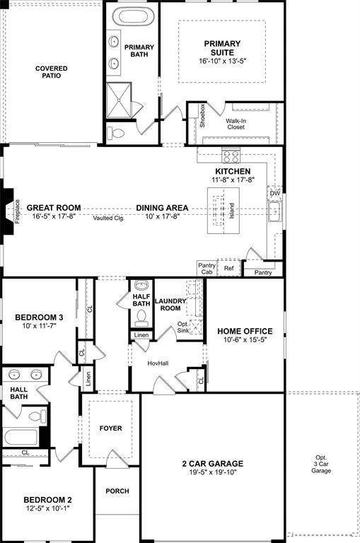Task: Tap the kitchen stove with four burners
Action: [x=231, y=156]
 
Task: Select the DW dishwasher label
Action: [x=274, y=193]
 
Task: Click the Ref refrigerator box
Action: [x=228, y=269]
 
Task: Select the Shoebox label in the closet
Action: [x=202, y=116]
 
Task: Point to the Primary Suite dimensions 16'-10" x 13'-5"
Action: [x=223, y=61]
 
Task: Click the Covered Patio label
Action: [x=52, y=72]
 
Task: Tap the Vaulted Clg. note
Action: [x=108, y=218]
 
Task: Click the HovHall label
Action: [x=157, y=363]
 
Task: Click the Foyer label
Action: [x=110, y=428]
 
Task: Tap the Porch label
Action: [x=117, y=491]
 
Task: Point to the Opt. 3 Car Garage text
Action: [x=322, y=464]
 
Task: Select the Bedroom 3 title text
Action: [x=40, y=317]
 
